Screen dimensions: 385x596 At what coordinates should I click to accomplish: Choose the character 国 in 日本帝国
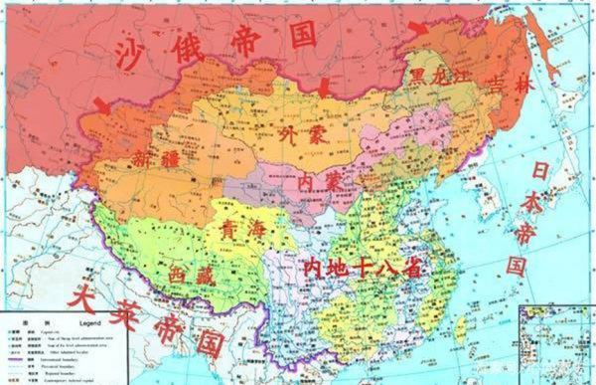[x=518, y=267]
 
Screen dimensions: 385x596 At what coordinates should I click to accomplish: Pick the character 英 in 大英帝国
[x=128, y=309]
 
